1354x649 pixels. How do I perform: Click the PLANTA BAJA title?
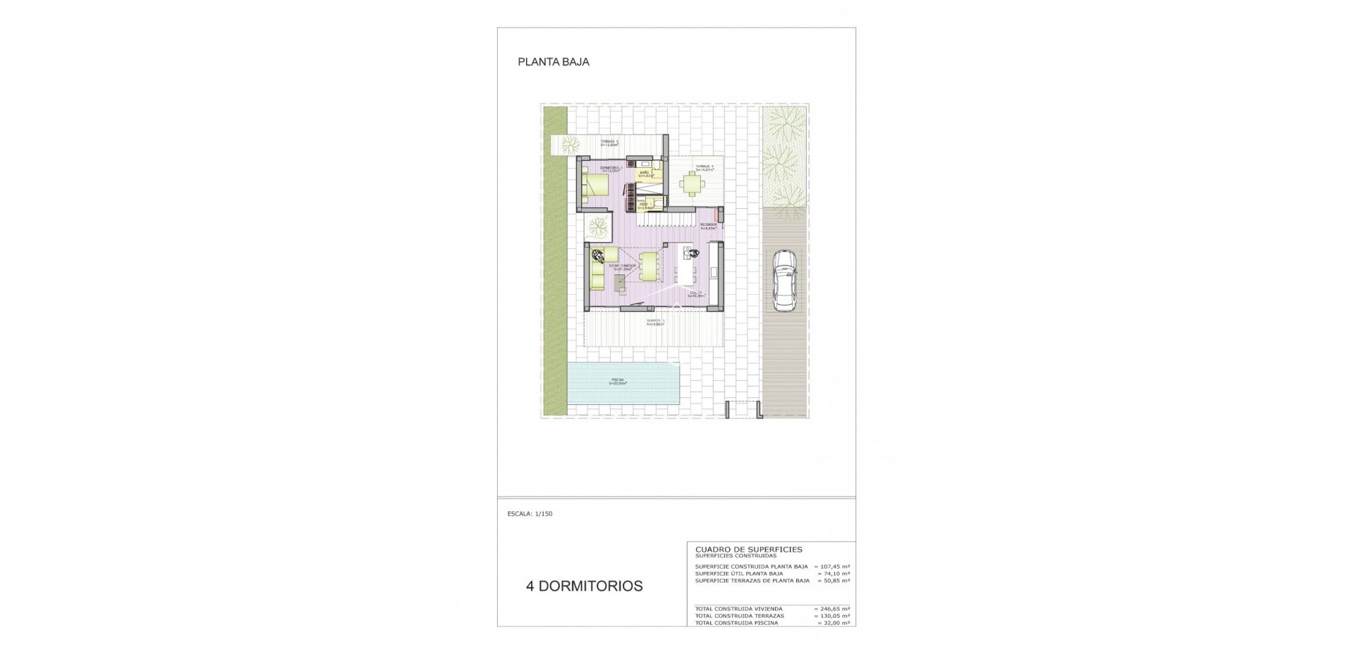coord(554,62)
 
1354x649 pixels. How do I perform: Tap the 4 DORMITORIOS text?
coord(584,586)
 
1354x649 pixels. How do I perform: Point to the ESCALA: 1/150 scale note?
coord(530,514)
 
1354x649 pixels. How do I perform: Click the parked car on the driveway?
coord(783,279)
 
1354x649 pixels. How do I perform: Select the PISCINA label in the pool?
coord(618,382)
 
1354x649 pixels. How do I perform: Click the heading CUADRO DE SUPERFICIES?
coord(748,549)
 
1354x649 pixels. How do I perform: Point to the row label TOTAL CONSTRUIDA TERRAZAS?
coord(738,616)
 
